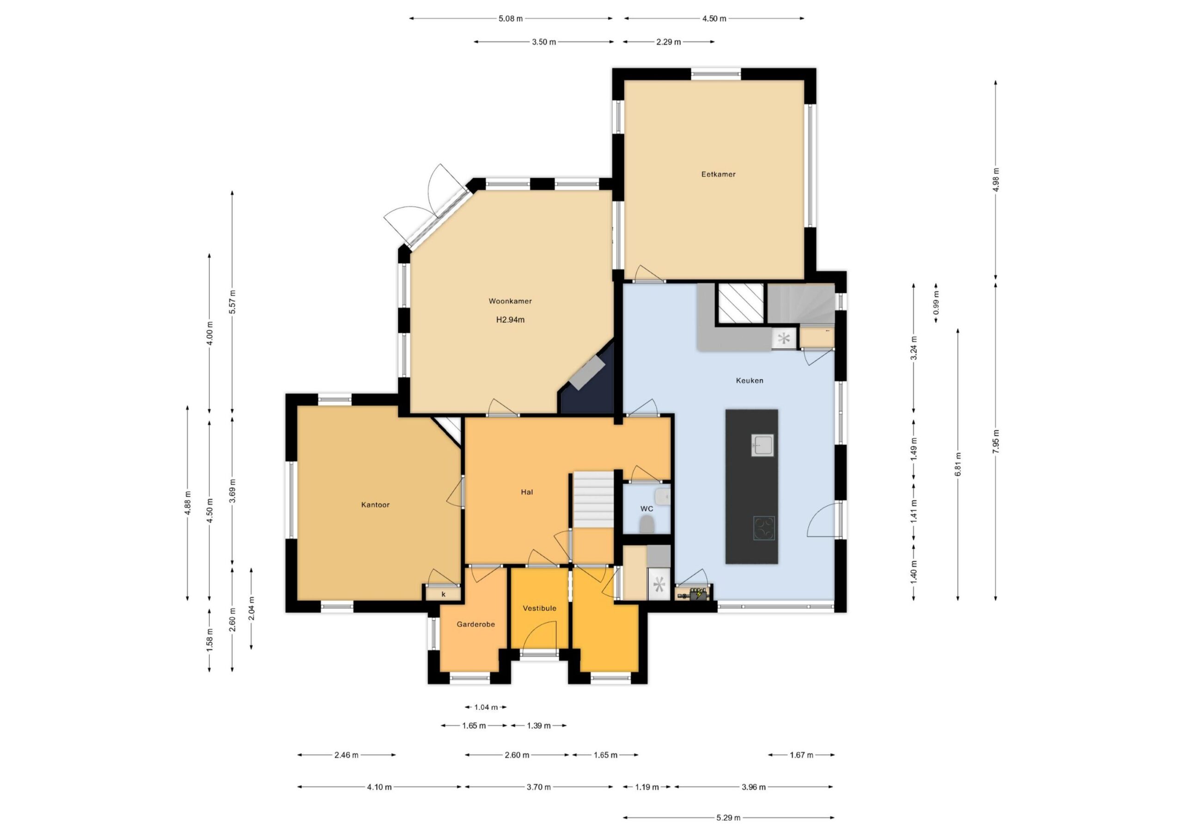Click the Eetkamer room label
click(718, 174)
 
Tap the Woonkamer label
click(510, 301)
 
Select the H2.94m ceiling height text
click(510, 319)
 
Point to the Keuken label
click(749, 380)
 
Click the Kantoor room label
click(375, 505)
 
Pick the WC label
click(646, 509)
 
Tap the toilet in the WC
click(647, 525)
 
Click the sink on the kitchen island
click(762, 445)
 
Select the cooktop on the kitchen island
click(763, 528)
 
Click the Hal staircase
click(593, 499)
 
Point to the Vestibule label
click(539, 608)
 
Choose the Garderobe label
click(476, 624)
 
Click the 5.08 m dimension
click(511, 18)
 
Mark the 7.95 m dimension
click(995, 442)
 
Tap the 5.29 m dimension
click(729, 818)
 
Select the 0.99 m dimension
click(936, 303)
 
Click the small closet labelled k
click(443, 594)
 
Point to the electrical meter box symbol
click(694, 594)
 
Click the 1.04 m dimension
click(486, 707)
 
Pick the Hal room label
click(527, 492)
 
